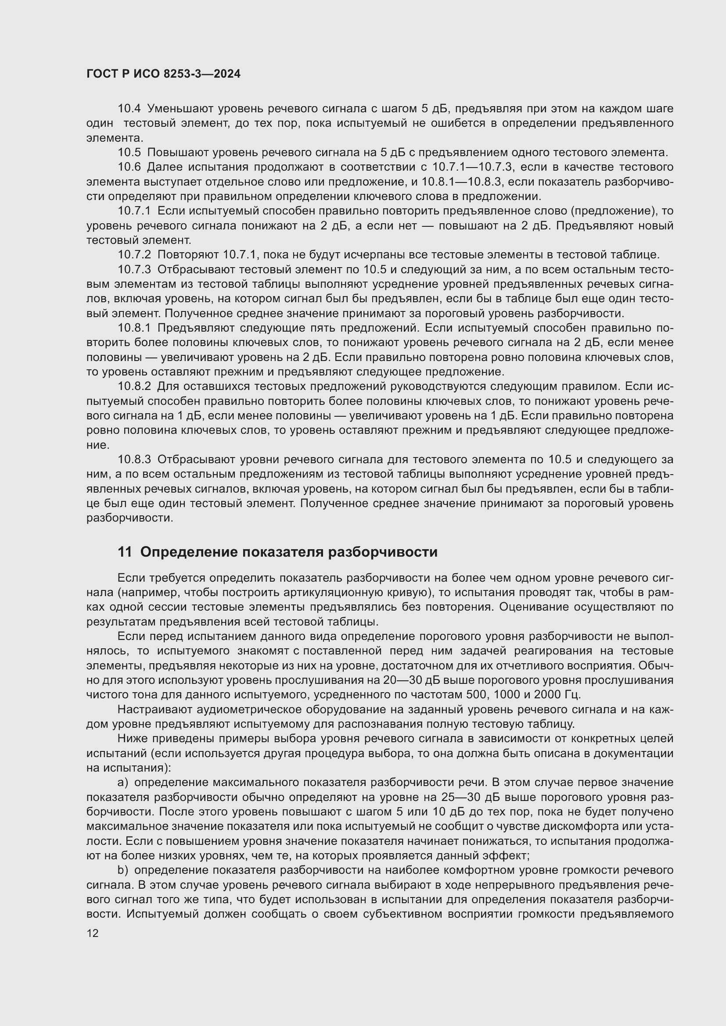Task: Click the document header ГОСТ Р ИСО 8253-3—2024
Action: [163, 74]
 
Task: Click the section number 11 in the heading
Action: [125, 552]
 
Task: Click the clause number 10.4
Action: [129, 109]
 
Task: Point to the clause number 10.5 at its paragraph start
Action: [129, 152]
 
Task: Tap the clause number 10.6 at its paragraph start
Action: [129, 167]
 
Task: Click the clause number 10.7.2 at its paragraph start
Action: [134, 255]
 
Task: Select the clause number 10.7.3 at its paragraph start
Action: [134, 269]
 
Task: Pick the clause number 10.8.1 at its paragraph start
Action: [134, 328]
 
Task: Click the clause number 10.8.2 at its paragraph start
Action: [134, 386]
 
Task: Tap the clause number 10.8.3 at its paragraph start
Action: [134, 459]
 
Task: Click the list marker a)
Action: [122, 783]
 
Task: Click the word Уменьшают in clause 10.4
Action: [178, 109]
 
